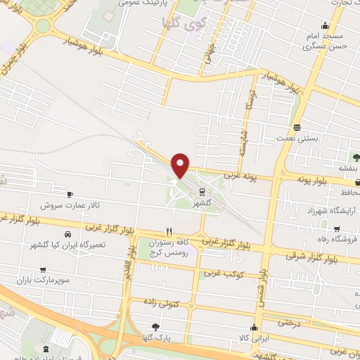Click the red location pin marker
(181, 165)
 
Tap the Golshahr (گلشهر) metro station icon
(202, 191)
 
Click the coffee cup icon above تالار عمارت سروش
(69, 194)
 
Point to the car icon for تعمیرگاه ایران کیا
(67, 234)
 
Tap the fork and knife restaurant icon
(168, 231)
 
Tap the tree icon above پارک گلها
(155, 326)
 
